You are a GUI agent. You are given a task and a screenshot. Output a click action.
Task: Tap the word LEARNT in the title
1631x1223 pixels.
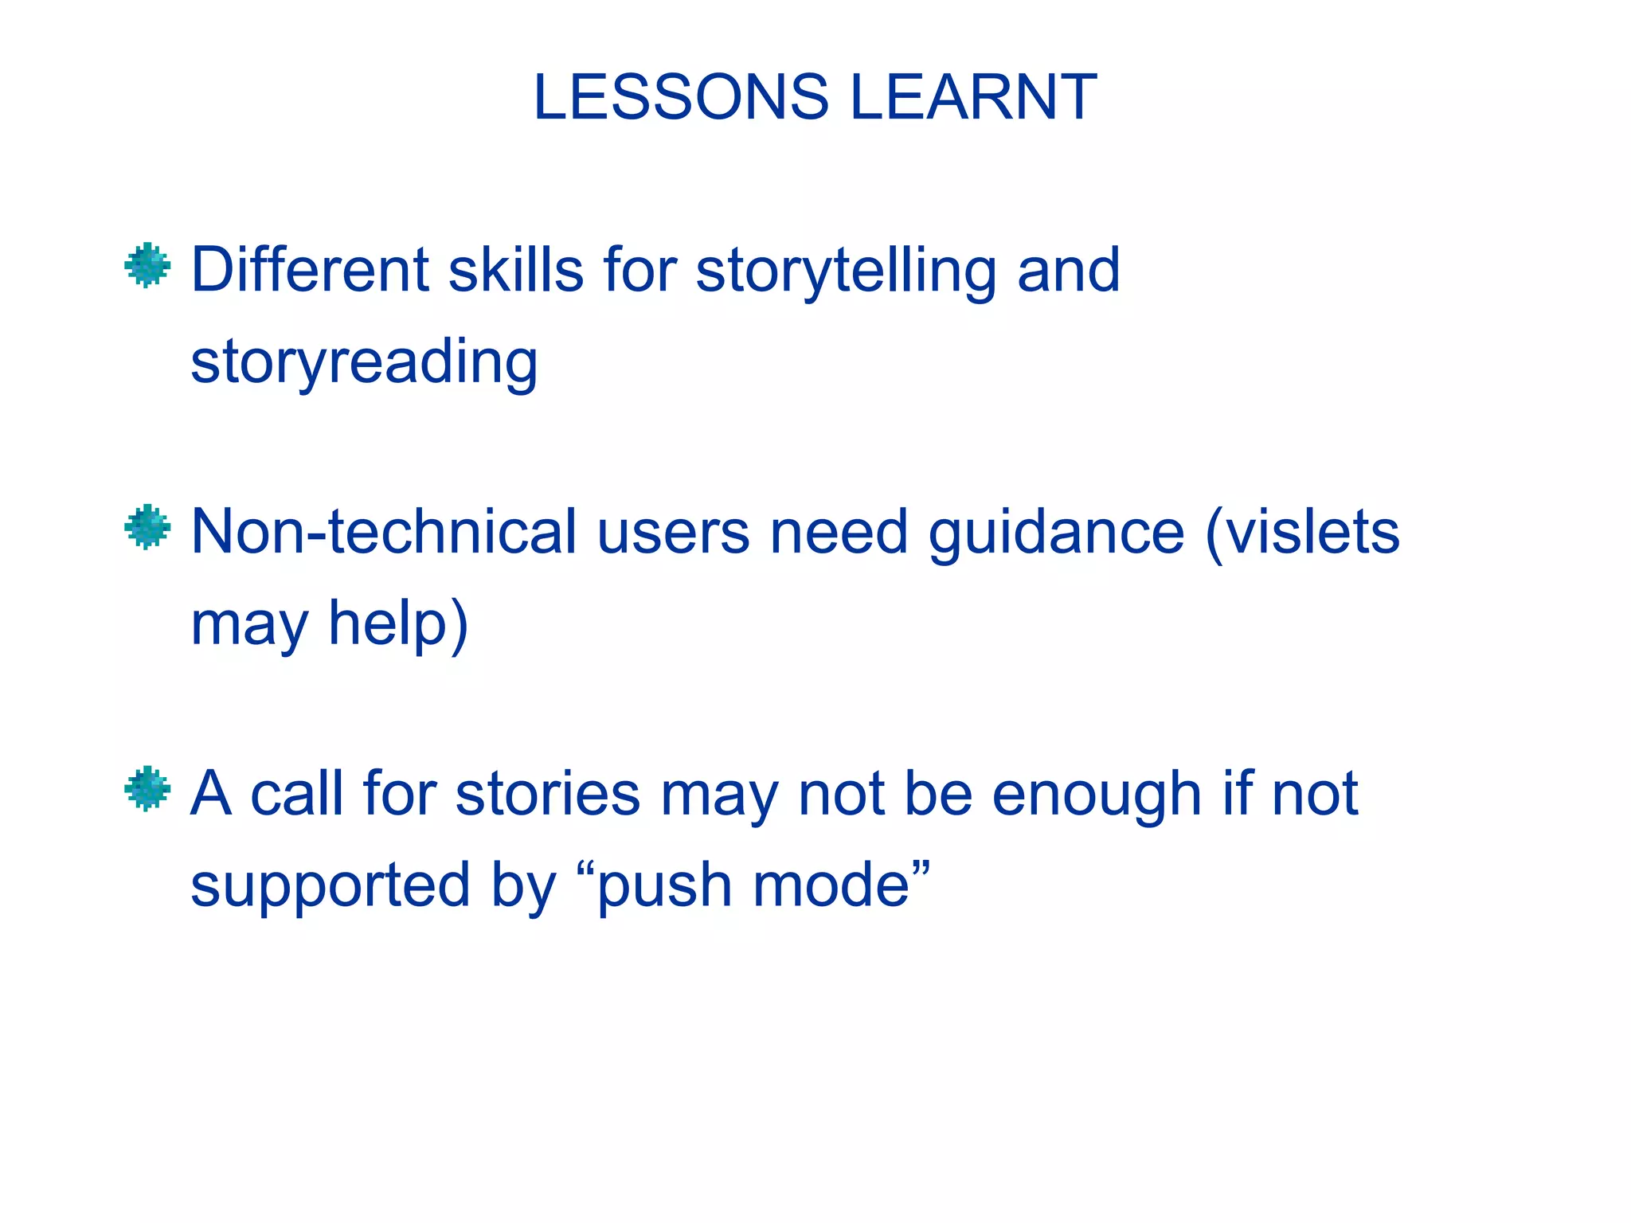click(973, 97)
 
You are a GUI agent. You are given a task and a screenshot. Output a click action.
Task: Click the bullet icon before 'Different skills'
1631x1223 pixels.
click(147, 265)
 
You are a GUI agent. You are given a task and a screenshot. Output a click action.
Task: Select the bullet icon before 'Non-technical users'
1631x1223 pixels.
click(147, 527)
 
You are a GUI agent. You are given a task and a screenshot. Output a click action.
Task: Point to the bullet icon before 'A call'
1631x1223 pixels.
click(147, 788)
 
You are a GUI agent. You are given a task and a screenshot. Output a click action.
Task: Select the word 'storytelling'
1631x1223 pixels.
click(846, 271)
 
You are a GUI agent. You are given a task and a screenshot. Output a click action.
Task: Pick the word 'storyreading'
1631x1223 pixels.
click(365, 362)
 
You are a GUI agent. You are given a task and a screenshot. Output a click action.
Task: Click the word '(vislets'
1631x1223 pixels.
click(1303, 532)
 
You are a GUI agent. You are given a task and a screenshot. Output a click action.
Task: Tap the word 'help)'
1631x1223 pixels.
click(399, 624)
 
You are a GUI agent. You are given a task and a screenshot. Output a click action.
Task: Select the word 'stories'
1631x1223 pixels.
click(548, 794)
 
